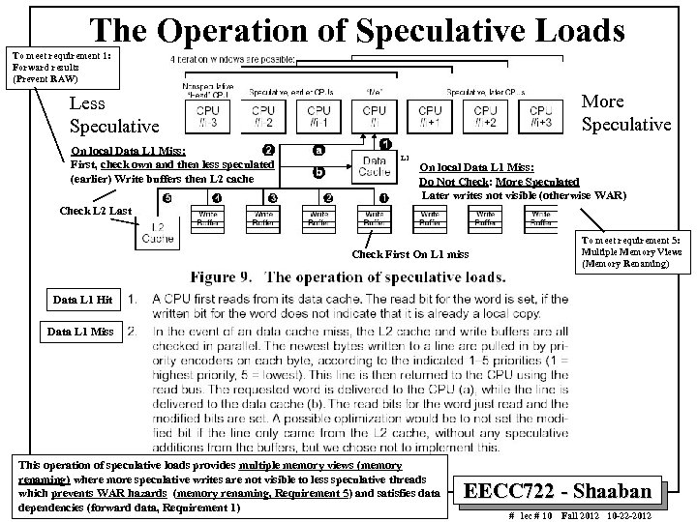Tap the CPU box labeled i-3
tap(207, 116)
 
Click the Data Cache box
tap(374, 167)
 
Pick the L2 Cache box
tap(158, 232)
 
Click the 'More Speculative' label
tap(624, 113)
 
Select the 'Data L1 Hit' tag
tap(82, 301)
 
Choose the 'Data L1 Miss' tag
tap(82, 333)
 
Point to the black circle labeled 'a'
tap(318, 151)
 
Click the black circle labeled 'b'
tap(318, 174)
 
